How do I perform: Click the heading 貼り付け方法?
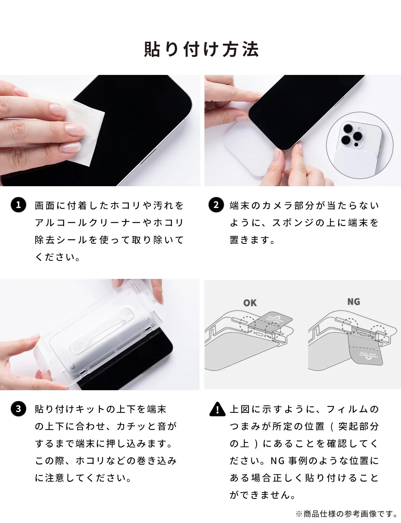coord(201,49)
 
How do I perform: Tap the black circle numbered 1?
coord(19,205)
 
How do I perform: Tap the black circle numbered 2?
coord(216,205)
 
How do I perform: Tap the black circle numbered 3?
coord(19,409)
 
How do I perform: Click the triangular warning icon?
coord(217,409)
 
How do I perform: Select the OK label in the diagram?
coord(250,303)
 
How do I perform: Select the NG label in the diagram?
coord(353,302)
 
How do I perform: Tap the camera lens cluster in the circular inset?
coord(352,135)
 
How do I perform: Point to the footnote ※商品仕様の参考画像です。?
coord(346,514)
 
